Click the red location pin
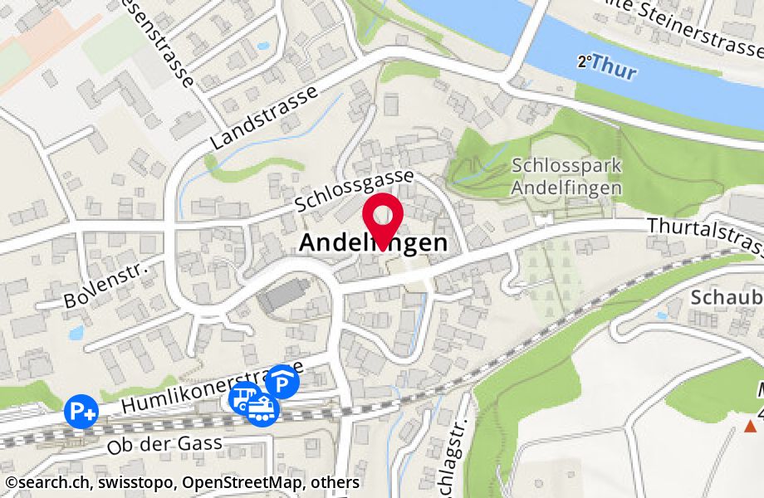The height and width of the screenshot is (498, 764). (384, 217)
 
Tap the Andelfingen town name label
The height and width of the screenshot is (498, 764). (372, 244)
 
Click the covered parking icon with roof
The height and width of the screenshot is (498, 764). (283, 382)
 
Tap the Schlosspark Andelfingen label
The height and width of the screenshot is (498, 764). (566, 176)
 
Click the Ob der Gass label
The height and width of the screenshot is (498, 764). (164, 444)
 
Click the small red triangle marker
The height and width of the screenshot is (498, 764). (750, 427)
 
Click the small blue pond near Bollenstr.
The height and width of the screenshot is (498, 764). (76, 333)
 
